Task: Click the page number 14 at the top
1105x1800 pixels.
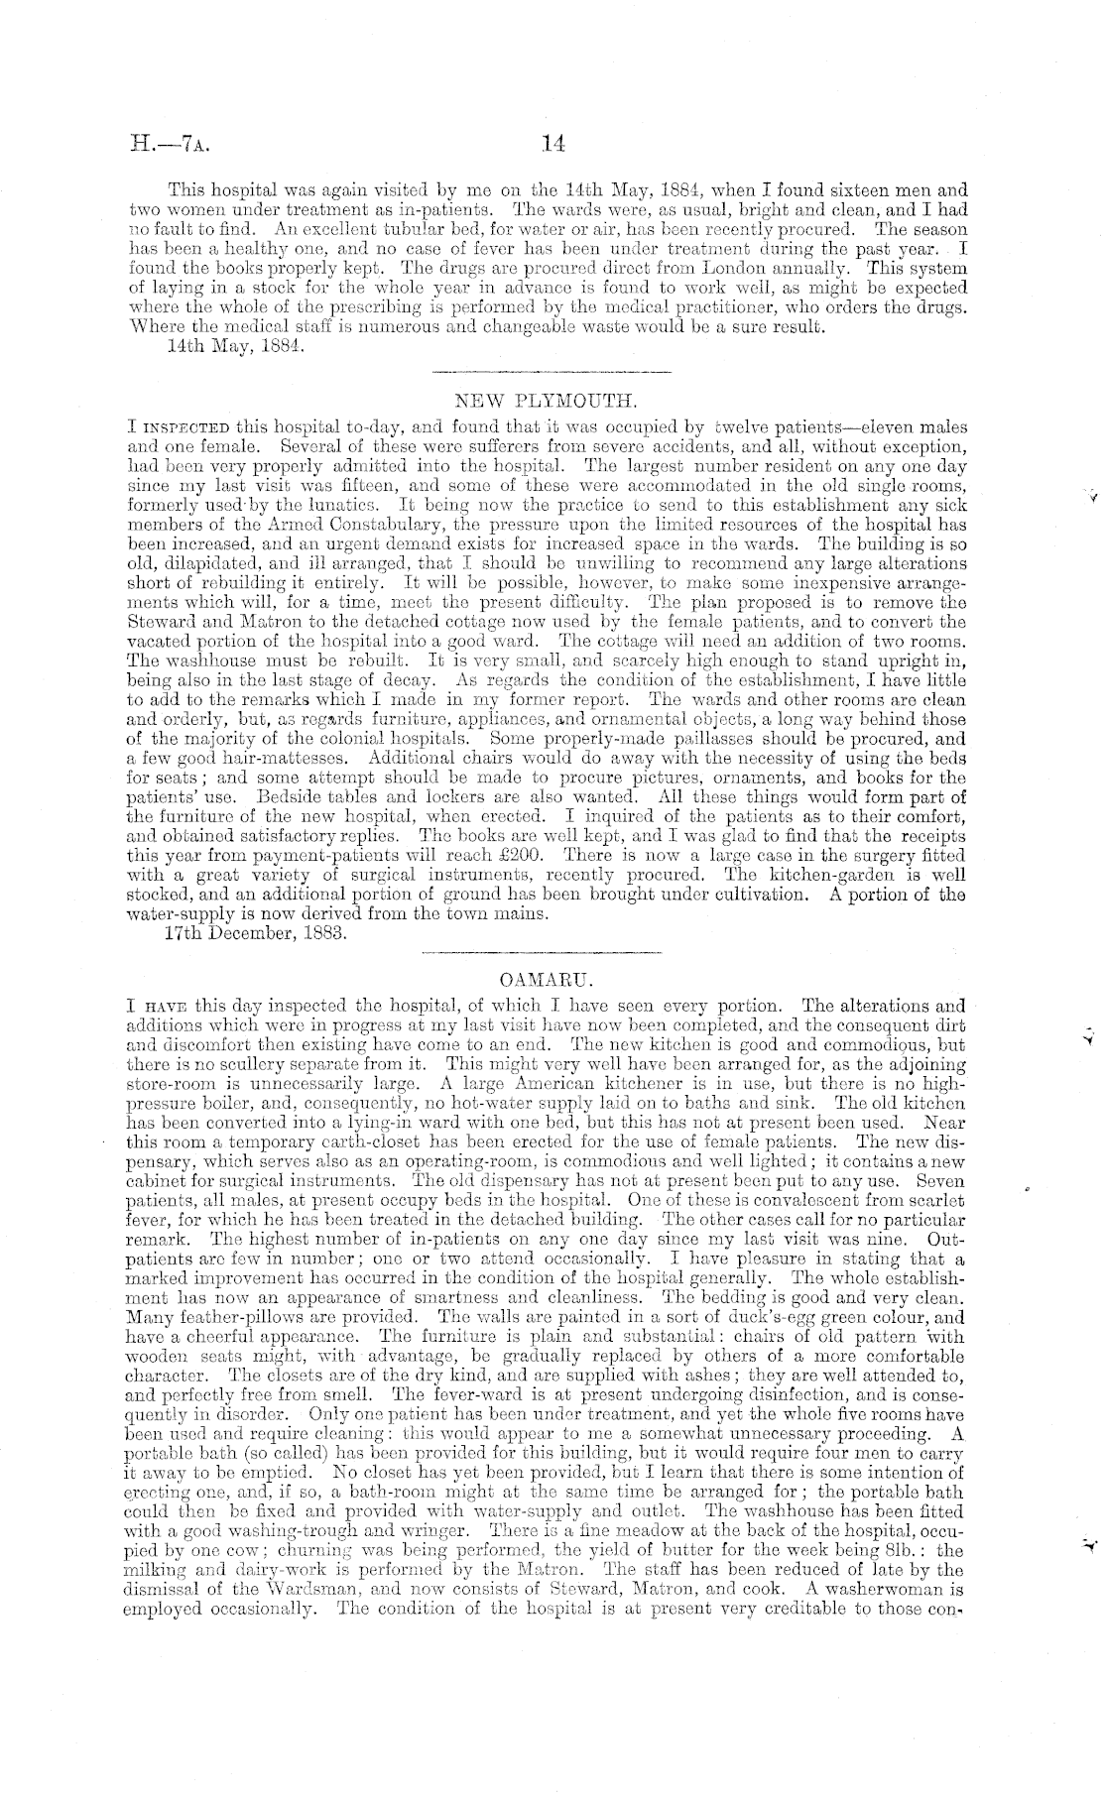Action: pyautogui.click(x=553, y=144)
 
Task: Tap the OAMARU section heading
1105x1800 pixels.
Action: pyautogui.click(x=542, y=980)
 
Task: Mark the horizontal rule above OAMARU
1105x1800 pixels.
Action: pyautogui.click(x=542, y=954)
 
